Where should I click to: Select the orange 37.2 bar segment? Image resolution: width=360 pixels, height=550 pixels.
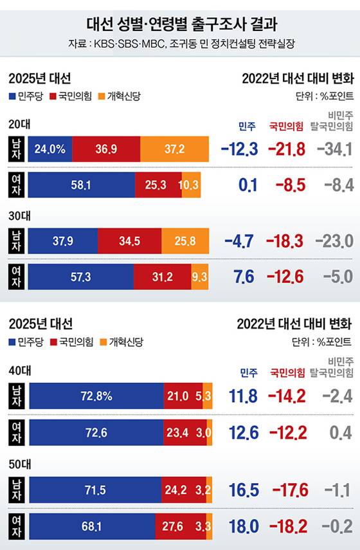point(174,149)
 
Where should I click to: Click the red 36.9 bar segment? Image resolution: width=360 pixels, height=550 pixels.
point(106,149)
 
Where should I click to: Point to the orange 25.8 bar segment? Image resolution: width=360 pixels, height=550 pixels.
point(184,241)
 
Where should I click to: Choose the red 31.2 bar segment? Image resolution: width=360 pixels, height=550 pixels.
point(162,277)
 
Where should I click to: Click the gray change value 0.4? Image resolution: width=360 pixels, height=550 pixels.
point(340,432)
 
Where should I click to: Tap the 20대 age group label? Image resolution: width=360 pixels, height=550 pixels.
point(19,124)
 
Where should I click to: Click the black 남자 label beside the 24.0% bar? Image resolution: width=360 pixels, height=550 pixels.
point(17,149)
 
